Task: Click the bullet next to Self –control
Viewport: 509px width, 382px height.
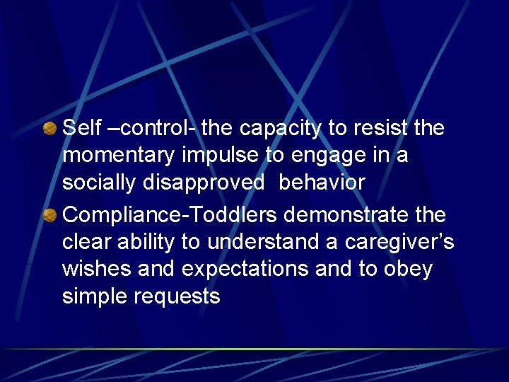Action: [50, 129]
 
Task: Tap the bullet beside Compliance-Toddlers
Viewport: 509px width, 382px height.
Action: [50, 215]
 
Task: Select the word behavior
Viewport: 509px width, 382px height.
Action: [322, 182]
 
